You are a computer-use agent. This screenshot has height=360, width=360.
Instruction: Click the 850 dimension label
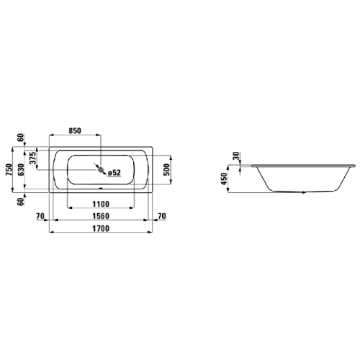coord(74,131)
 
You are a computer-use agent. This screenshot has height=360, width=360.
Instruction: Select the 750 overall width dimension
coord(9,169)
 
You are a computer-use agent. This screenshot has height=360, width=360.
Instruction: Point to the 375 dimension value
coord(32,159)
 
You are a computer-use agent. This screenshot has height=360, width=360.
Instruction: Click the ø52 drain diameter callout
coord(113,172)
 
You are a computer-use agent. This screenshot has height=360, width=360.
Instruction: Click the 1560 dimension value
coord(101,217)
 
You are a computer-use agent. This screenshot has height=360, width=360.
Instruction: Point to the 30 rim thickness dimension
coord(237,157)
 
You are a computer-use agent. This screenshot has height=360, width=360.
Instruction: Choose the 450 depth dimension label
coord(224,178)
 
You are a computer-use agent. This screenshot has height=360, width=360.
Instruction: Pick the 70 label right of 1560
coord(161,217)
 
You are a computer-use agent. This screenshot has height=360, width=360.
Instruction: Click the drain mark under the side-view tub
coord(303,193)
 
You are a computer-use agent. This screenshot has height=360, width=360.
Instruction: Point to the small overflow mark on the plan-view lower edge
coord(101,190)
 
